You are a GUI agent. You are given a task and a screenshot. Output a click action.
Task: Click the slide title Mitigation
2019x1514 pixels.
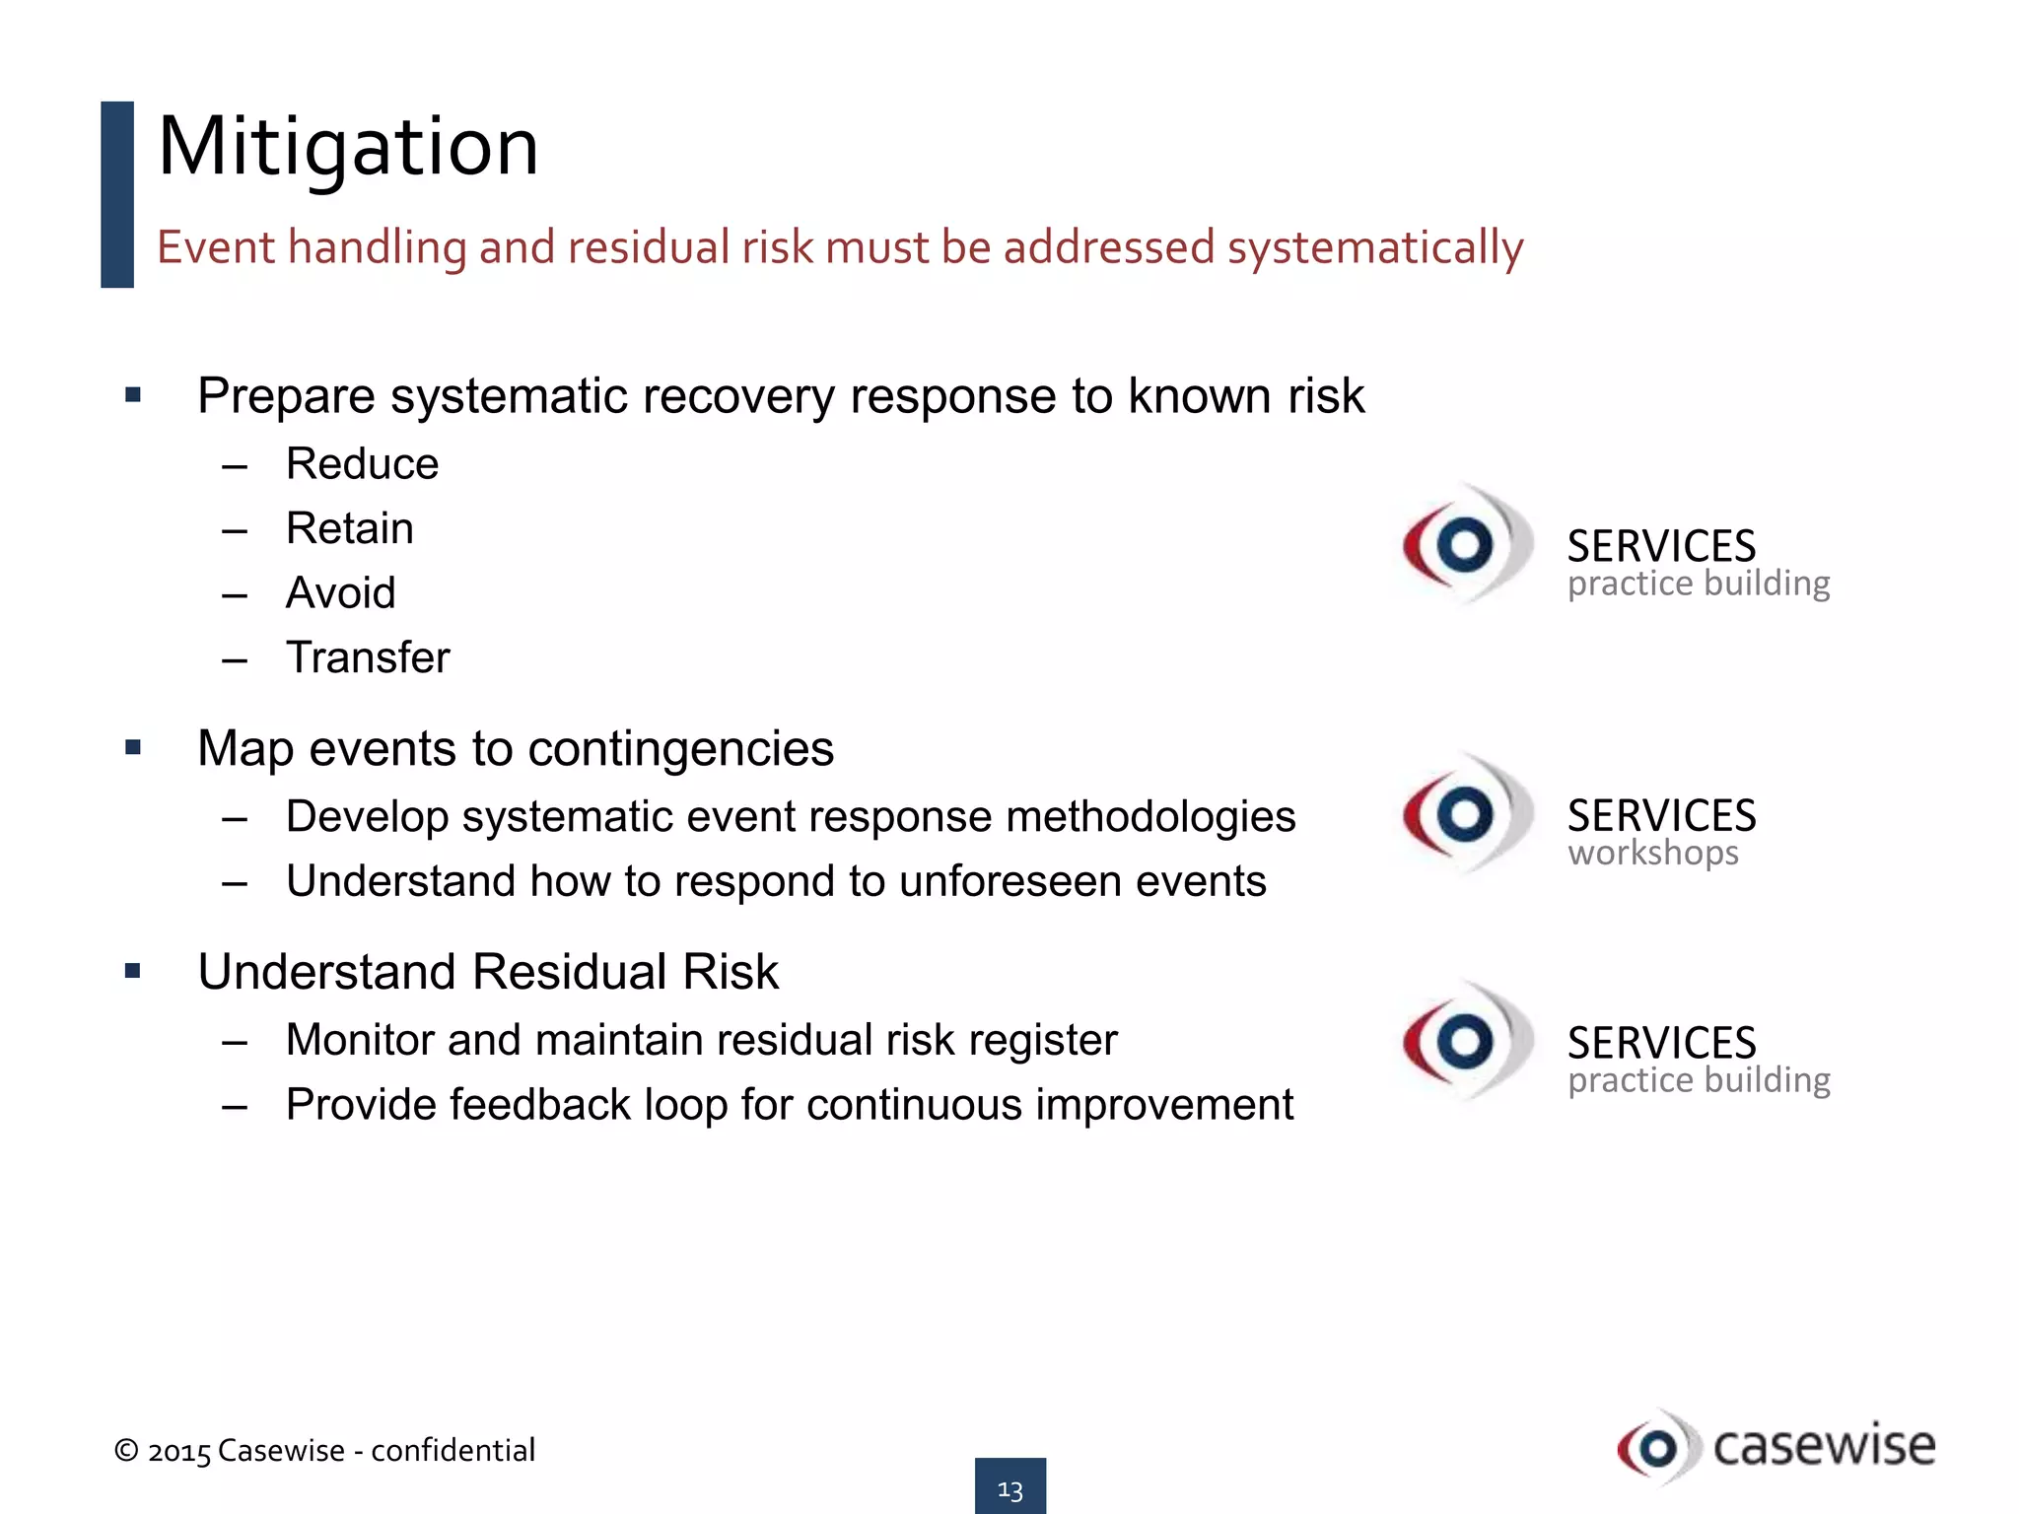pos(348,147)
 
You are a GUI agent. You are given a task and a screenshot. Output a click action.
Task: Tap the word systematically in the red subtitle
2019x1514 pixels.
pos(1375,247)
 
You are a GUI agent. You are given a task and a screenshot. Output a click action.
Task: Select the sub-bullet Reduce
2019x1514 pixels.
pos(362,463)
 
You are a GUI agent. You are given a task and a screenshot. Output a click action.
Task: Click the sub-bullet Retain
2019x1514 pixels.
pos(349,528)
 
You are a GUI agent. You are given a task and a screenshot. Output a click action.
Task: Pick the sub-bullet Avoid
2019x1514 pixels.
pos(340,593)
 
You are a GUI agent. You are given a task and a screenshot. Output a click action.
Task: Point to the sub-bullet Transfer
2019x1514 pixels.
pos(368,657)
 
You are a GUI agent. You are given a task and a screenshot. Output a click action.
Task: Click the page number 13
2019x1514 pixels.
pos(1009,1488)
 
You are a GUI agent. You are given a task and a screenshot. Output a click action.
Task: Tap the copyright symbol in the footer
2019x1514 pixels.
pos(126,1450)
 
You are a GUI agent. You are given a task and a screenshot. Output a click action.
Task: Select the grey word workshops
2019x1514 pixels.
pos(1653,853)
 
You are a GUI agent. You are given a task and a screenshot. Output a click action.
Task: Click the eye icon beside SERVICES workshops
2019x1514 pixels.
pos(1465,814)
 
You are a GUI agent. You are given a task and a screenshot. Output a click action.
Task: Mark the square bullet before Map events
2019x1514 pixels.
pos(133,748)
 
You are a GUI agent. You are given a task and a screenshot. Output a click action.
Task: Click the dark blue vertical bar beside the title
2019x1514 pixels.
pos(117,194)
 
